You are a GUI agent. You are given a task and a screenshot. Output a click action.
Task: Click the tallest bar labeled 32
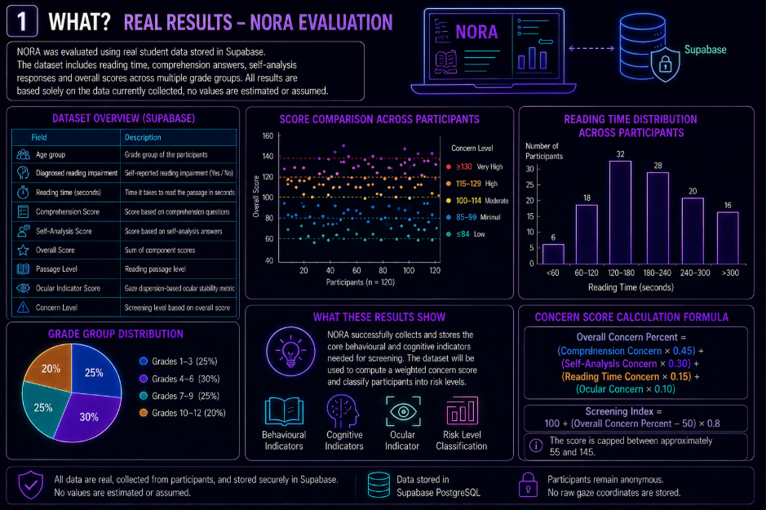pos(620,212)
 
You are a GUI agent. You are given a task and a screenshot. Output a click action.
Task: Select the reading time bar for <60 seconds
pos(553,254)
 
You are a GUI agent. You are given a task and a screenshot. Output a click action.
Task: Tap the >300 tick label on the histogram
pos(730,273)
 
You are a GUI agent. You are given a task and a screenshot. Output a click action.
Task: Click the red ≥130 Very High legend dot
pos(449,167)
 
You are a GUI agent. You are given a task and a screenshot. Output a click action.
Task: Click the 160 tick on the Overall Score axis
pos(268,135)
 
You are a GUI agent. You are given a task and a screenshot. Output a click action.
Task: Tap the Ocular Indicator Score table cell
pos(68,288)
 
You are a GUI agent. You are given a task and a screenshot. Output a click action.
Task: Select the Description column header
pos(143,137)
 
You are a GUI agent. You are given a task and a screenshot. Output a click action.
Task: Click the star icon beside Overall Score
pos(23,251)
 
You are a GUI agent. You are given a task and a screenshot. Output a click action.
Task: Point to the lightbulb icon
pos(290,351)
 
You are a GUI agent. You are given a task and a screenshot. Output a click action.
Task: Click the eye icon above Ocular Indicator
pos(403,412)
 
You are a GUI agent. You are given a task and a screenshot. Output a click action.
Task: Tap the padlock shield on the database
pos(666,64)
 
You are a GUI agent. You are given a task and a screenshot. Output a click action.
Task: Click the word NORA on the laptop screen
pos(476,33)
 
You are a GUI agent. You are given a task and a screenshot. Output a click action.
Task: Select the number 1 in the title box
pos(21,22)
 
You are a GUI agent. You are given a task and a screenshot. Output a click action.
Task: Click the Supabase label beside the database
pos(705,50)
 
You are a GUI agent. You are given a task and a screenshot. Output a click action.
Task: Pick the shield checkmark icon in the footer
pos(30,485)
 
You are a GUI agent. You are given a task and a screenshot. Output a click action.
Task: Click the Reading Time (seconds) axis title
pos(631,287)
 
